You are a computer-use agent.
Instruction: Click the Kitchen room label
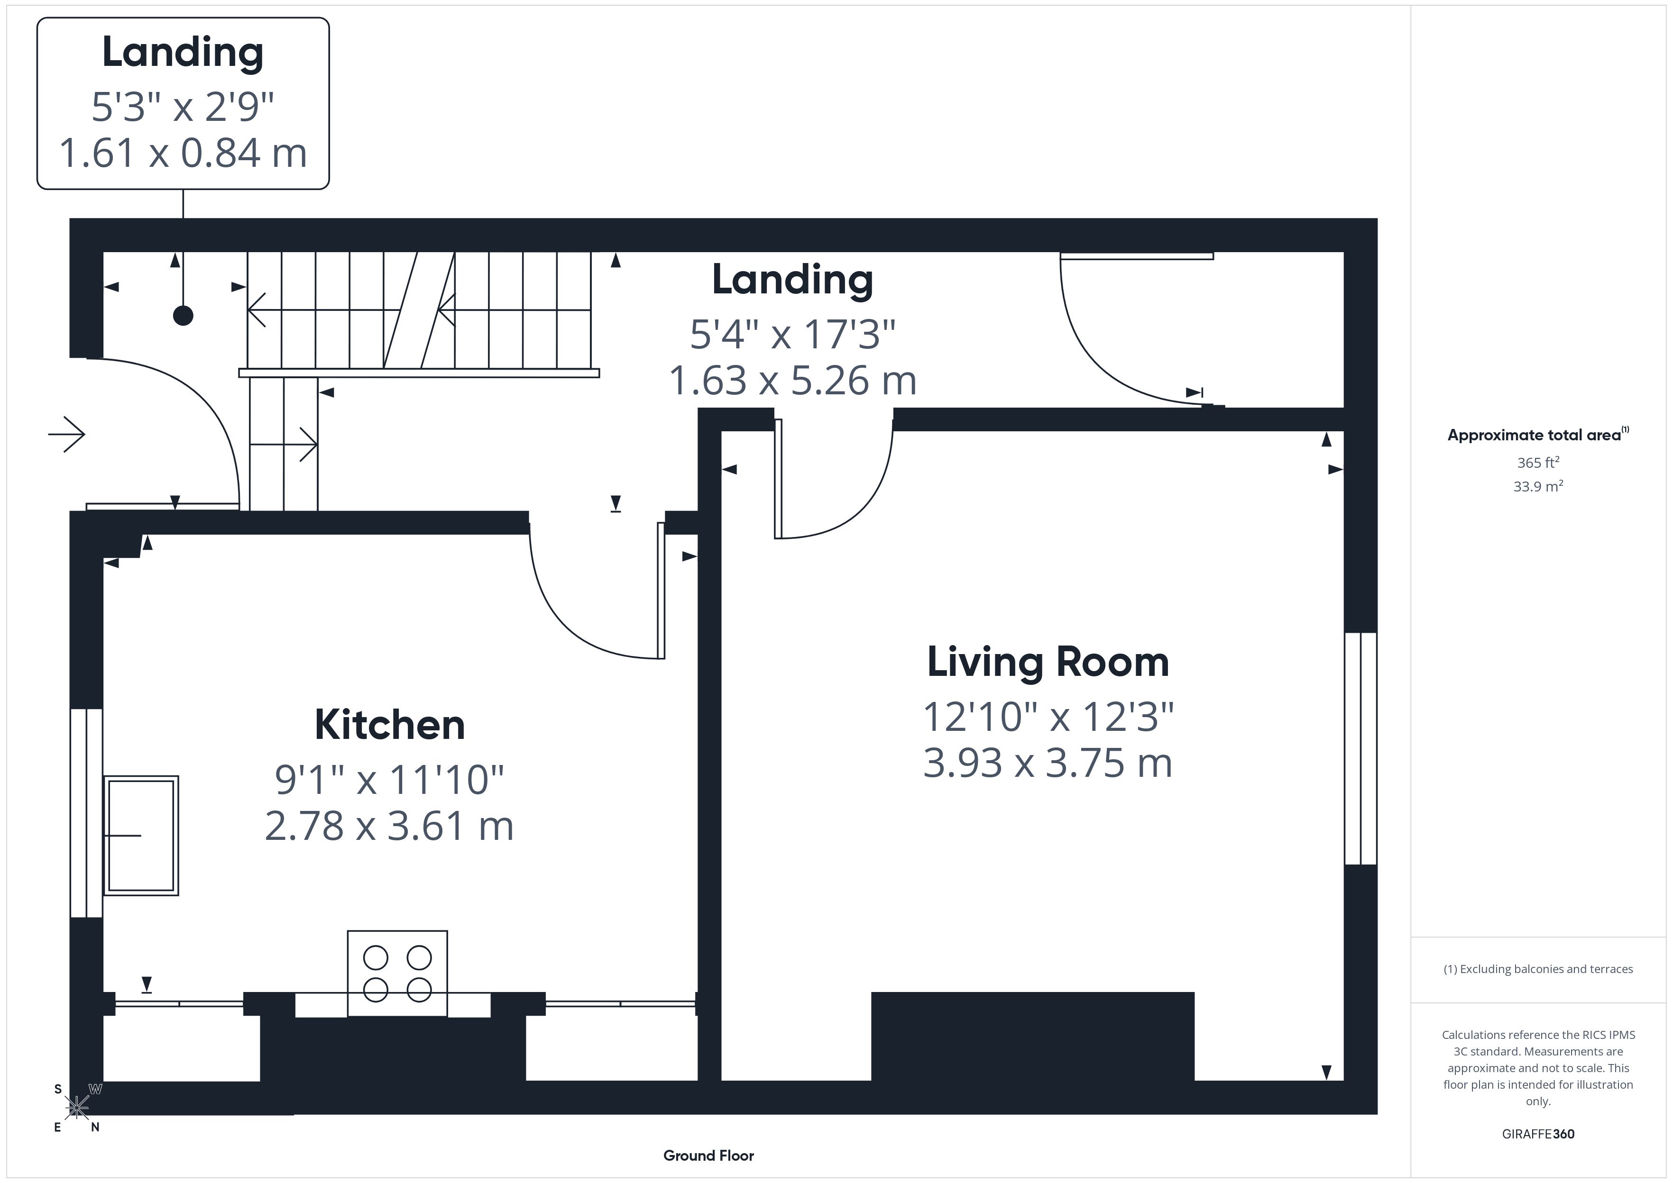(x=390, y=725)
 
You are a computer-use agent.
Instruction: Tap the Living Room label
(x=1048, y=662)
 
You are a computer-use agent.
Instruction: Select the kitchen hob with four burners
(x=397, y=973)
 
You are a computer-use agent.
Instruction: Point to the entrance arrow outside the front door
(x=66, y=435)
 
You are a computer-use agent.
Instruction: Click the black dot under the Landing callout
(x=183, y=315)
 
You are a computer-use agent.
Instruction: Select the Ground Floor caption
(x=708, y=1156)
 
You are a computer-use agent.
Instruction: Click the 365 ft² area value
(x=1538, y=463)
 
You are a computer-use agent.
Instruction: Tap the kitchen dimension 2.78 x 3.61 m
(x=389, y=826)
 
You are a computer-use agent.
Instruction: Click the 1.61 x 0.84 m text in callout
(x=183, y=153)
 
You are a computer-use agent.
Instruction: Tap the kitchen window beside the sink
(x=86, y=812)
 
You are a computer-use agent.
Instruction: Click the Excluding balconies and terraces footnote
(x=1538, y=969)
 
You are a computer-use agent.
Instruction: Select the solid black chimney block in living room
(x=1032, y=1036)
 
